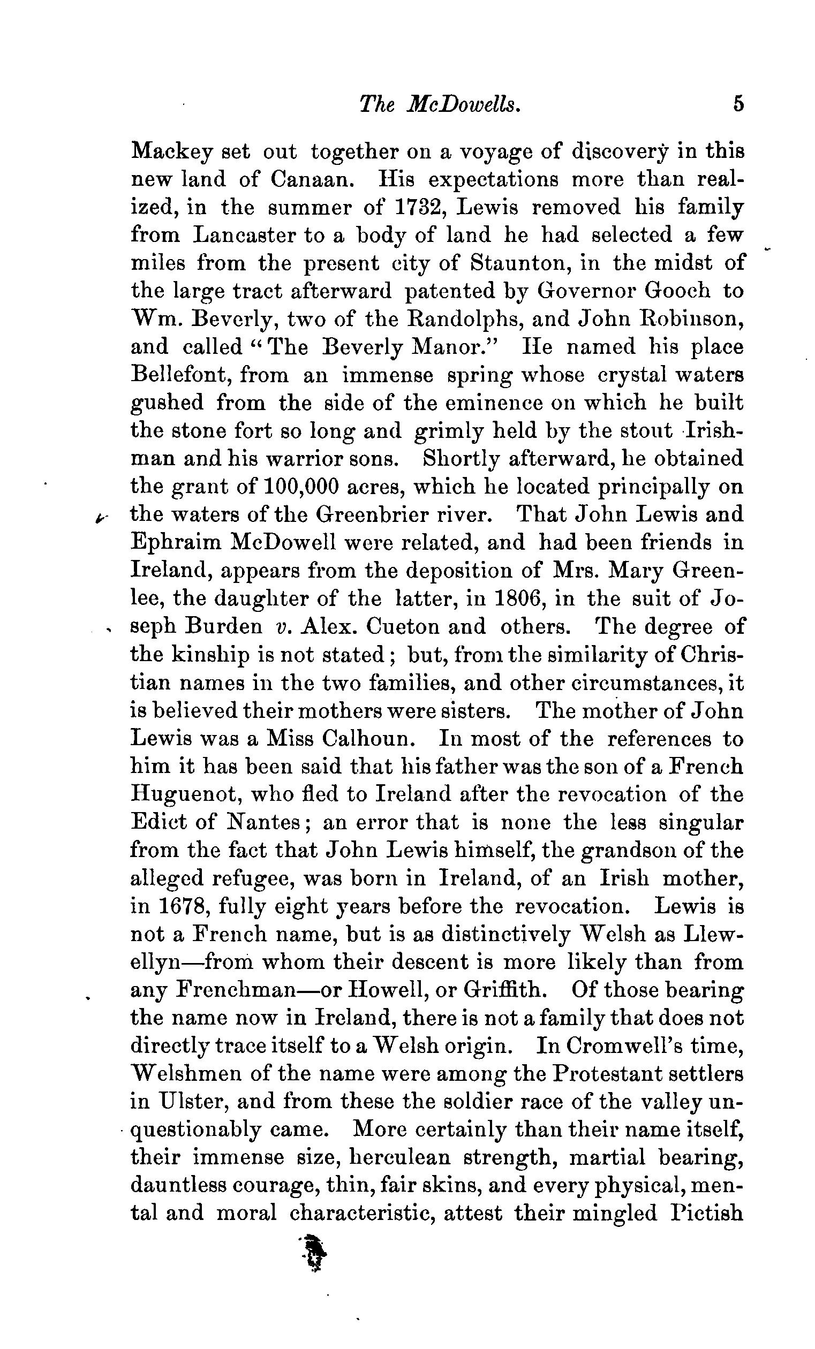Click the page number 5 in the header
tap(738, 103)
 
